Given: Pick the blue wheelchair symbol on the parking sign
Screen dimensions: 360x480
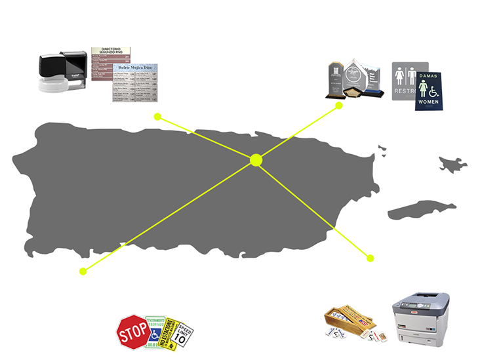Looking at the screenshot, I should coord(153,335).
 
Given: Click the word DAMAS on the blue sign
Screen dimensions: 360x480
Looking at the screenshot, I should coord(428,76).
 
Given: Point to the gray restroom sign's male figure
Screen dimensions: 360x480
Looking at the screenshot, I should coord(401,76).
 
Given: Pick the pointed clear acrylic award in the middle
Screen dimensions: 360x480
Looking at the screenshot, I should coord(356,76).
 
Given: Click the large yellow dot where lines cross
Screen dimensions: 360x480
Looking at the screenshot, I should coord(256,159).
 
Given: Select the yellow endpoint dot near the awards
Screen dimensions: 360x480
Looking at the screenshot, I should coord(339,105).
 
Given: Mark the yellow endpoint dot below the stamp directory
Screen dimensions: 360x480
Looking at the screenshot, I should coord(157,117).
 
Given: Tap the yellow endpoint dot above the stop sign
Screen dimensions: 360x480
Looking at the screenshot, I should coord(83,271).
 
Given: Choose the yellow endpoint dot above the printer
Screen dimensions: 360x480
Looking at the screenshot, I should coord(370,258).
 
